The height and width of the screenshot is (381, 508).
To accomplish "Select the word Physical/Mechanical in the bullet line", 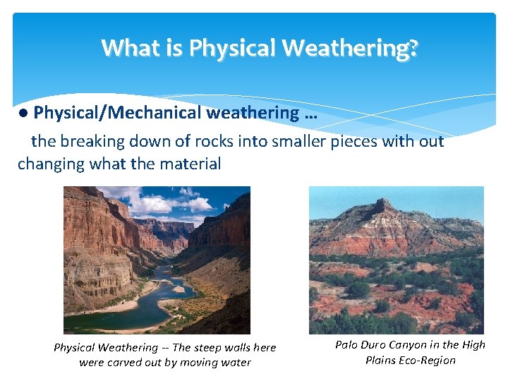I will coord(117,113).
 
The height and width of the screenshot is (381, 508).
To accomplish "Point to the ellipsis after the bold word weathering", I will coord(310,114).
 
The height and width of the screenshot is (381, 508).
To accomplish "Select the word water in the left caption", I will coord(236,363).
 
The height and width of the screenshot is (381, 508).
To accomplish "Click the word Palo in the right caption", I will coord(347,345).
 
